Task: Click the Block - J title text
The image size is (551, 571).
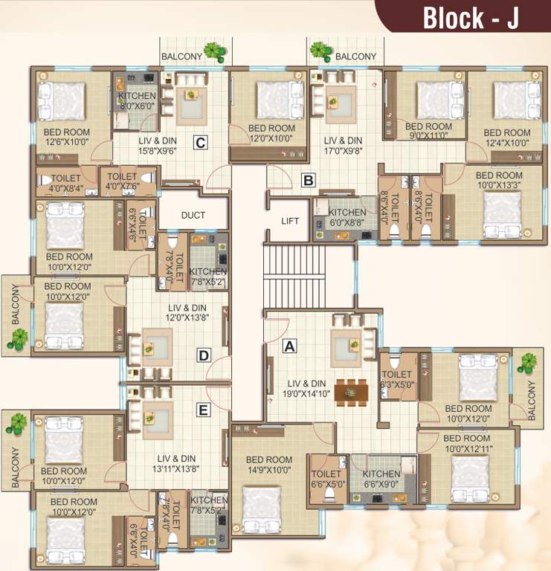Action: [x=471, y=18]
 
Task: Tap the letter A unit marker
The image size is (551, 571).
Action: [x=290, y=345]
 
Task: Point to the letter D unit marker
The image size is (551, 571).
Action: [x=204, y=355]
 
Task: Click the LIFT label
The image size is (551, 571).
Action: [x=290, y=221]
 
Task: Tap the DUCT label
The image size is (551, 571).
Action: [x=193, y=215]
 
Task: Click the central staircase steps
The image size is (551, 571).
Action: [x=294, y=274]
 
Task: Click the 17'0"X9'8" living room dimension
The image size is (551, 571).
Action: [x=343, y=152]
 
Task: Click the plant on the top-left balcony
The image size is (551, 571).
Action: [x=216, y=51]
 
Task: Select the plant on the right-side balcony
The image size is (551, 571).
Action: [x=528, y=363]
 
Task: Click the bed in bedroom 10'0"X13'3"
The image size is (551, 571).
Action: [x=502, y=212]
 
